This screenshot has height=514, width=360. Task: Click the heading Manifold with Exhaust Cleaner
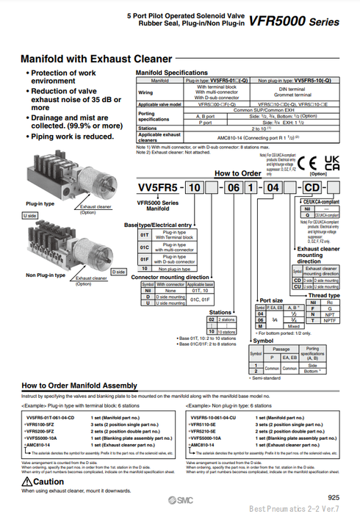tap(96, 58)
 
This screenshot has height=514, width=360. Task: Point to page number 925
tap(333, 497)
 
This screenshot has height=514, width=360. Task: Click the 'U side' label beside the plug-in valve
tap(30, 215)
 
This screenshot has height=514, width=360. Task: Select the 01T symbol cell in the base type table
tap(145, 236)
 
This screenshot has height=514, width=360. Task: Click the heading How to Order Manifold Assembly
tap(79, 385)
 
